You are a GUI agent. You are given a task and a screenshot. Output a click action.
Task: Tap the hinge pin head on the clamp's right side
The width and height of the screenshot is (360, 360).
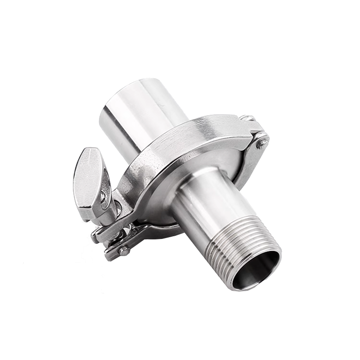tap(261, 143)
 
